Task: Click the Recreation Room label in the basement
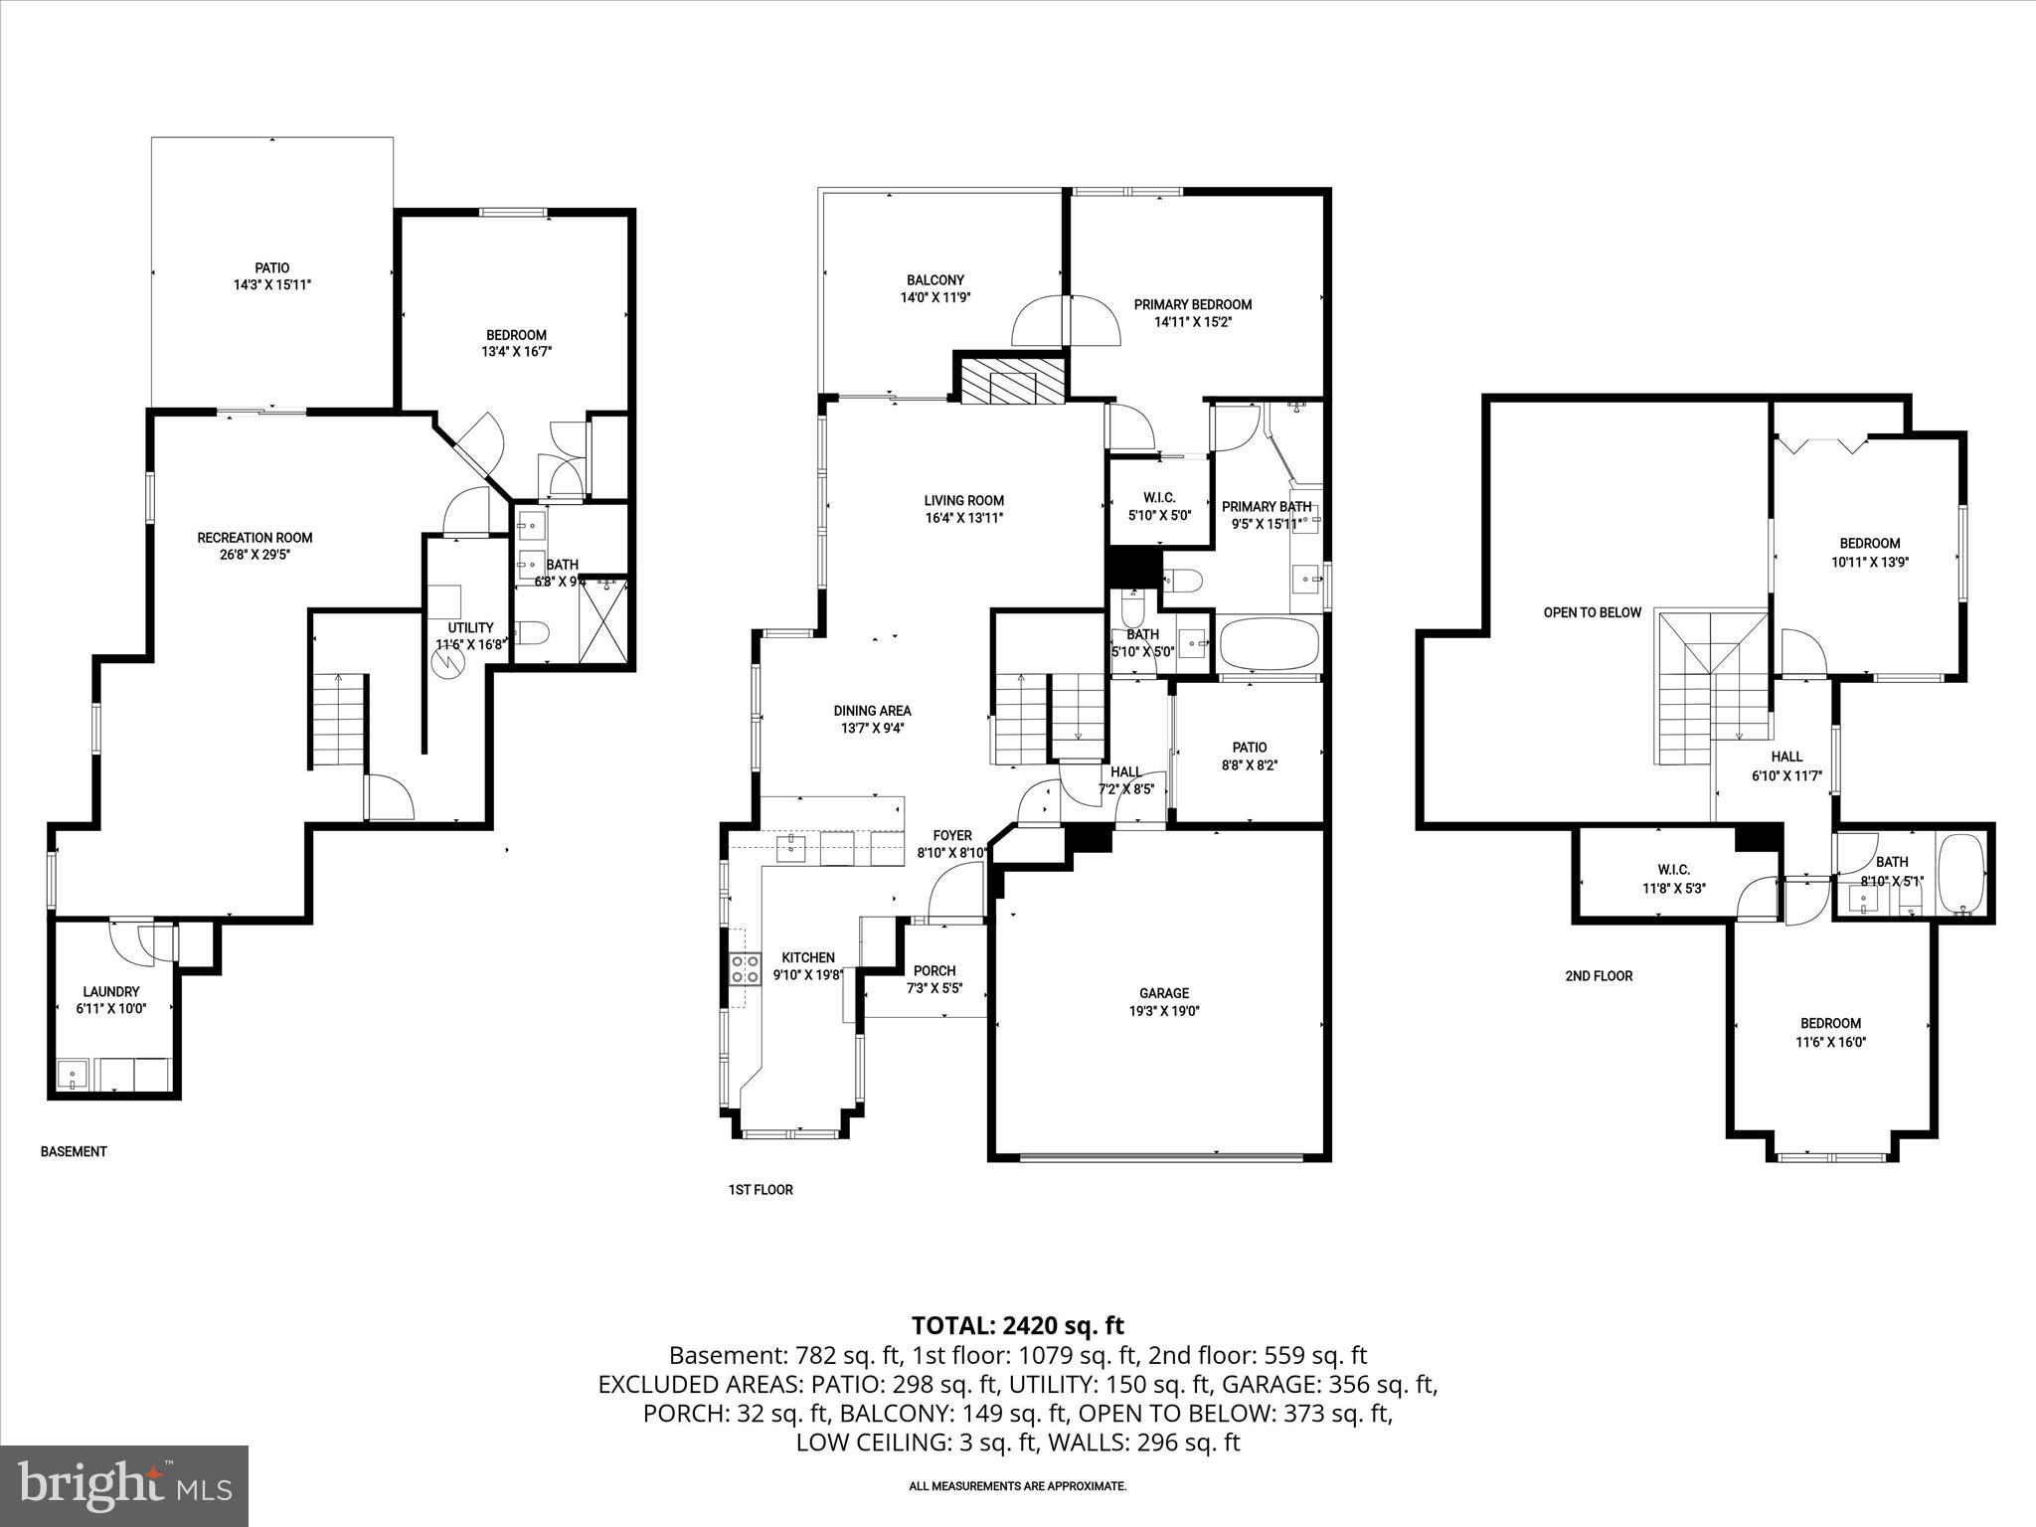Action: [x=254, y=538]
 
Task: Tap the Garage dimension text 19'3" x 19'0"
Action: [x=1164, y=1011]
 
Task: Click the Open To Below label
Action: [x=1592, y=612]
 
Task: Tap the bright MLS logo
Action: [x=124, y=1486]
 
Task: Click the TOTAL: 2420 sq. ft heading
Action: [x=1017, y=1325]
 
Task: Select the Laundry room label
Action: [x=110, y=991]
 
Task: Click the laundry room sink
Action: [x=71, y=1075]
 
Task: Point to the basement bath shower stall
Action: [x=603, y=621]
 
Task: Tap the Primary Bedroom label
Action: [x=1192, y=304]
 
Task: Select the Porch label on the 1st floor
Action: [x=933, y=971]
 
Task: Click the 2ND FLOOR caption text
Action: [x=1599, y=976]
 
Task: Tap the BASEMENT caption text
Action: [x=74, y=1151]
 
